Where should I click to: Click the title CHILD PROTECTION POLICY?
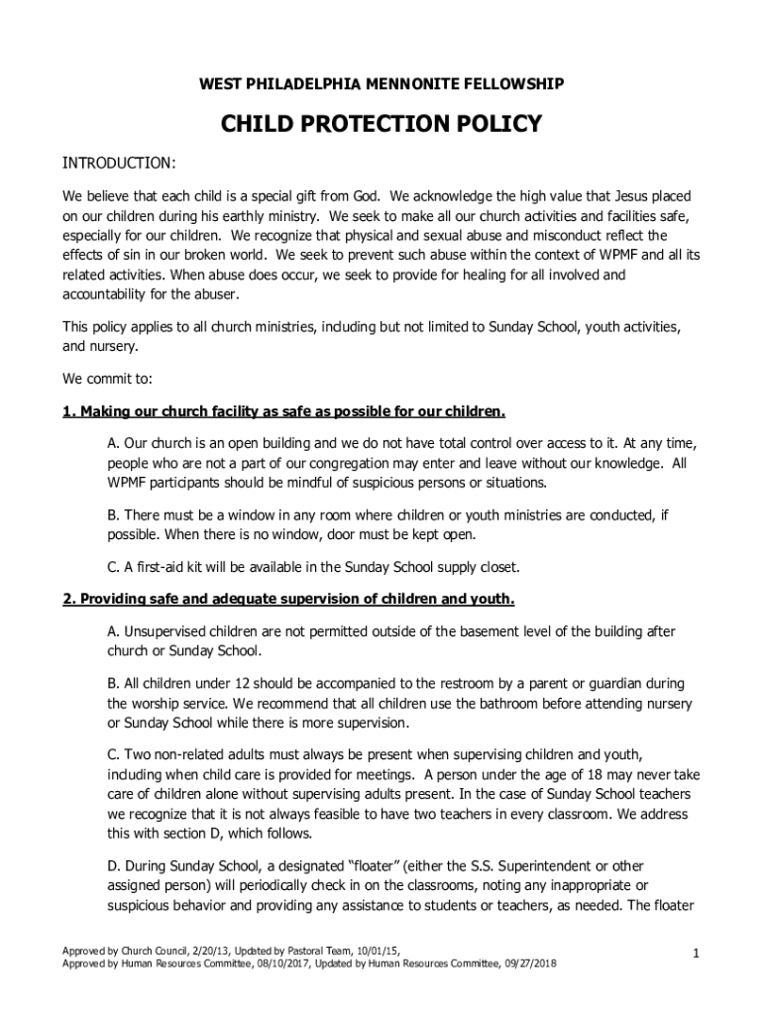coord(381,124)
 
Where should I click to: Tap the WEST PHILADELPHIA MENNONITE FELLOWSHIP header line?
coord(381,86)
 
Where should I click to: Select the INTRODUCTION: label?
coord(120,163)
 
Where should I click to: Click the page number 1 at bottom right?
coord(697,954)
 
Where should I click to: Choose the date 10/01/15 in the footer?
coord(378,949)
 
